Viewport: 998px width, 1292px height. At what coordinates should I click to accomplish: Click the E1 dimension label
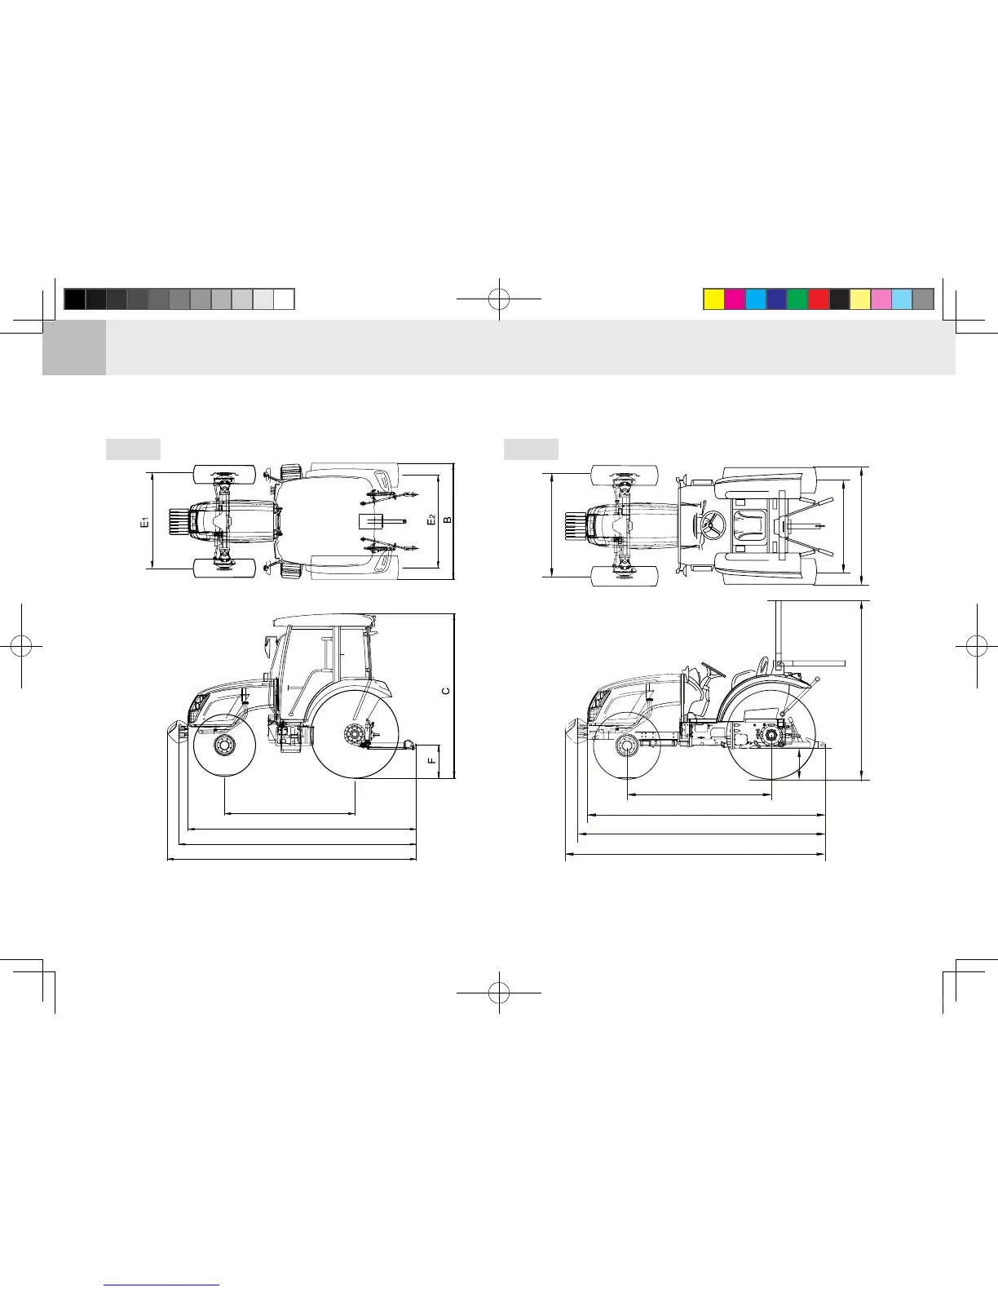tap(144, 523)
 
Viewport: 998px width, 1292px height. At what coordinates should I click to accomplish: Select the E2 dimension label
tap(432, 520)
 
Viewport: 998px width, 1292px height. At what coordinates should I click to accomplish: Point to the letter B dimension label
tap(448, 520)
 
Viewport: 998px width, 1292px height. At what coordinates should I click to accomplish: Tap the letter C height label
tap(446, 691)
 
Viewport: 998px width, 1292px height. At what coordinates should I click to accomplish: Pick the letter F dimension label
tap(432, 760)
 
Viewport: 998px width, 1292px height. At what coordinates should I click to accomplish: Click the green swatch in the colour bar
tap(797, 299)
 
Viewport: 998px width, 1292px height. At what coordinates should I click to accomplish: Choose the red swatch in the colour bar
tap(819, 299)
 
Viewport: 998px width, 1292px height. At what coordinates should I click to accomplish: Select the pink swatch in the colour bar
tap(881, 299)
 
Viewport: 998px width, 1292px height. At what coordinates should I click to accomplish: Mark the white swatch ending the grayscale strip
tap(284, 299)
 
